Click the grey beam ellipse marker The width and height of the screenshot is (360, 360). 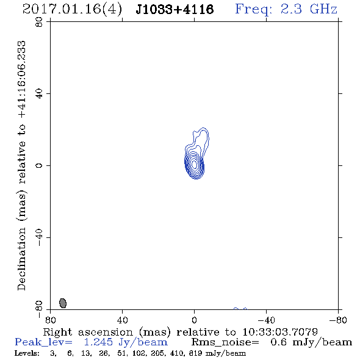(63, 303)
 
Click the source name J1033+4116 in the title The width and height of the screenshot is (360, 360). (175, 9)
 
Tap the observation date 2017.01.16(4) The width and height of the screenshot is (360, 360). (73, 9)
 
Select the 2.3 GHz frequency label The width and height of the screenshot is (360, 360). (309, 9)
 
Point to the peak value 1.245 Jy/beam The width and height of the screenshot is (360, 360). (126, 342)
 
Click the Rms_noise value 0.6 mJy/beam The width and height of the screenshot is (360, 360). (311, 342)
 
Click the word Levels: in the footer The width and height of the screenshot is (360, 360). (27, 353)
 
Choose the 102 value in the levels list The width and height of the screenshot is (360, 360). (139, 353)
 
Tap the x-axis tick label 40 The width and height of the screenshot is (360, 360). (122, 320)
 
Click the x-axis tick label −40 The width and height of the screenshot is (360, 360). (266, 320)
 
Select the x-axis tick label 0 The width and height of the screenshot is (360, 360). (194, 320)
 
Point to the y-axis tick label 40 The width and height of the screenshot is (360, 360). (39, 93)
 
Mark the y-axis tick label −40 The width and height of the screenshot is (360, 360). (39, 237)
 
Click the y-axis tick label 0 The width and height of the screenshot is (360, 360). (39, 165)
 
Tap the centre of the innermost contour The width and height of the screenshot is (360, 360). (195, 164)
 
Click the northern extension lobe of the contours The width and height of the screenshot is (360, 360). (201, 137)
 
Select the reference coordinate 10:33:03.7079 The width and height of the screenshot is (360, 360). (280, 332)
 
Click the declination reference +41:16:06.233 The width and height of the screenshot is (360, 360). (22, 80)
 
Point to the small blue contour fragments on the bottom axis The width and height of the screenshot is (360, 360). (240, 309)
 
